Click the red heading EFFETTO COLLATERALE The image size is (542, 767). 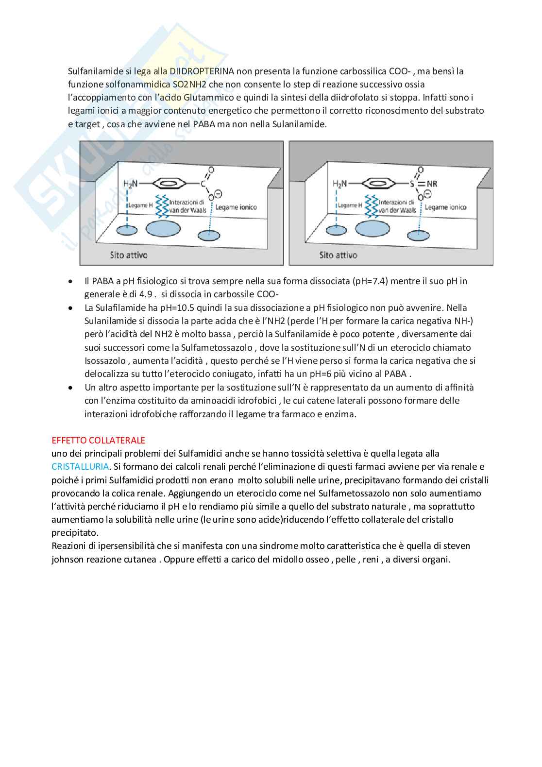coord(99,441)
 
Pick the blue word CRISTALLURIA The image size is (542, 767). coord(80,467)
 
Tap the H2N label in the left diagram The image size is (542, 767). coord(131,184)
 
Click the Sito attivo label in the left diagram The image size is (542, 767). coord(128,255)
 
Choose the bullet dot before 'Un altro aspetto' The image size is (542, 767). coord(71,388)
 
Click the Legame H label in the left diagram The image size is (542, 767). coord(140,205)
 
